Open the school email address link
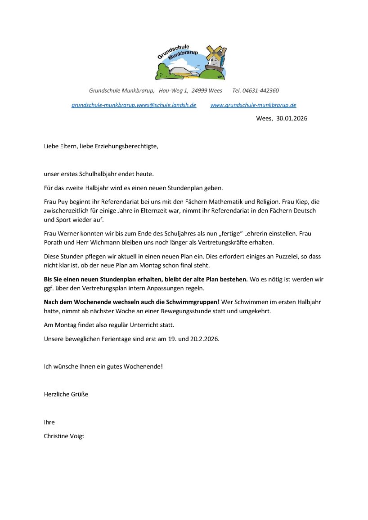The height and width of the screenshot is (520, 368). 134,105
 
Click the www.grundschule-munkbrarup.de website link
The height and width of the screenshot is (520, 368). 253,105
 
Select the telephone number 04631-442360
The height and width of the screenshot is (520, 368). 260,90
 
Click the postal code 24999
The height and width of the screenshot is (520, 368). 199,90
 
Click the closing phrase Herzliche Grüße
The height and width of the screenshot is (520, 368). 66,394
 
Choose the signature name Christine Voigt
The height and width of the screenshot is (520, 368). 64,436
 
